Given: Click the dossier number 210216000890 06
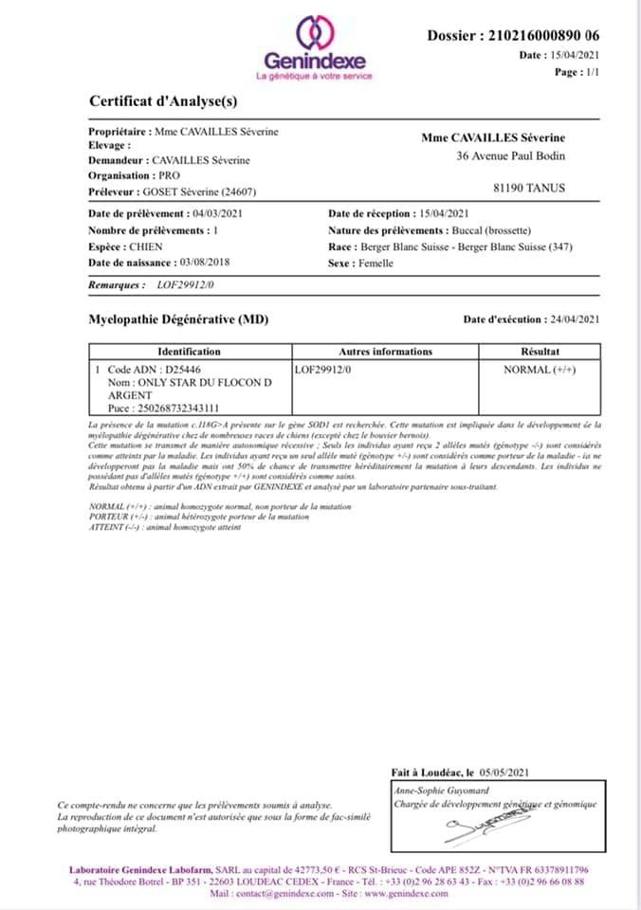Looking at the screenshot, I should [541, 36].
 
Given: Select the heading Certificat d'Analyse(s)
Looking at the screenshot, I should [163, 100].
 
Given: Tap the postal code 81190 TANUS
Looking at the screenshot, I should [536, 188].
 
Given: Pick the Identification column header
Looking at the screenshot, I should [189, 351].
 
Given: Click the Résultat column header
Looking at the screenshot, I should [540, 351].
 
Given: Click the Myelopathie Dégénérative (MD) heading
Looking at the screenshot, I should [178, 319].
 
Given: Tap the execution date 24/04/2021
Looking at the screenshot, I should [573, 320].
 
